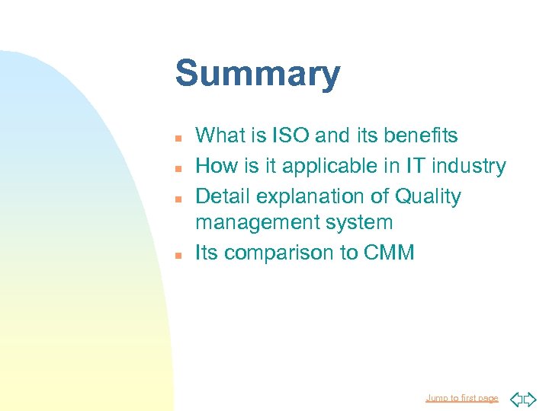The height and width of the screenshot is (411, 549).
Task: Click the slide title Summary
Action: point(258,75)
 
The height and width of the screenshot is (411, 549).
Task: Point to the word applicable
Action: point(319,166)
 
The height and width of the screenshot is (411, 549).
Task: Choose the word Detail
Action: point(223,196)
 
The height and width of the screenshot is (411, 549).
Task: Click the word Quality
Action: point(428,196)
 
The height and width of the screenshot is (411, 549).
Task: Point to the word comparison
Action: point(278,253)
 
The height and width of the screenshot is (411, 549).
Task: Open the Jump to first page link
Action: point(461,398)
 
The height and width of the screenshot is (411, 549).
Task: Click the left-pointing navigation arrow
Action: point(515,398)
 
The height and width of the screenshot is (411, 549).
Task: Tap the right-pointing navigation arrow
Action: point(531,398)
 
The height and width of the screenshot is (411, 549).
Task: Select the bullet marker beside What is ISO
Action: point(176,138)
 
